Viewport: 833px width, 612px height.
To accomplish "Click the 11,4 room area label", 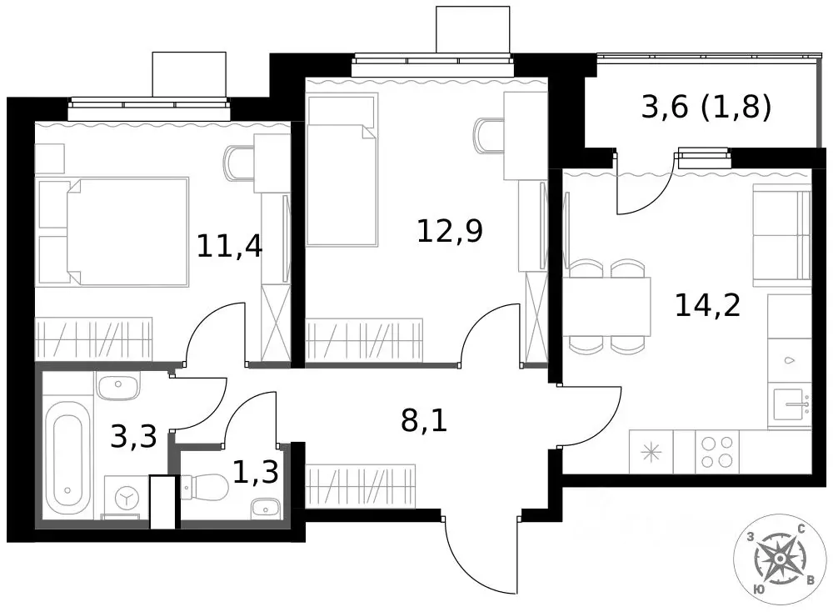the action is [x=230, y=246].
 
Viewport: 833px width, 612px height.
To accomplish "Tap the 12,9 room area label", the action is [x=450, y=231].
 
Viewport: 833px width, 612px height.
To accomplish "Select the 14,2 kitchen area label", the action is [x=707, y=305].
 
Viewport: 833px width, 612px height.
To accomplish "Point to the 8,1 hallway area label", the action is [x=424, y=420].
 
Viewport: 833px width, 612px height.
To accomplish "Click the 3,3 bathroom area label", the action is [x=133, y=437].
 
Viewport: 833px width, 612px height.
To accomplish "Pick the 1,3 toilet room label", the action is [x=256, y=472].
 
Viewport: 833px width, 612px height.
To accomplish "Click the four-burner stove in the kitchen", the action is [x=717, y=451].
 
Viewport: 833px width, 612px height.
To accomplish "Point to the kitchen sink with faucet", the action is [x=790, y=404].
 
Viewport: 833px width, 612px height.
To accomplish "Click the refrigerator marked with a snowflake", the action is [x=651, y=451].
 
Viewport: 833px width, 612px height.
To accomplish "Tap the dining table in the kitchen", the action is [x=606, y=306].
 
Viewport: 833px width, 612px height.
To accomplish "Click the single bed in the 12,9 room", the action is [x=342, y=169].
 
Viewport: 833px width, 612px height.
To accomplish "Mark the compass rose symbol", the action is [x=779, y=559].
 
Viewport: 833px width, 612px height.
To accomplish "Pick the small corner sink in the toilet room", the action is [x=265, y=507].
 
